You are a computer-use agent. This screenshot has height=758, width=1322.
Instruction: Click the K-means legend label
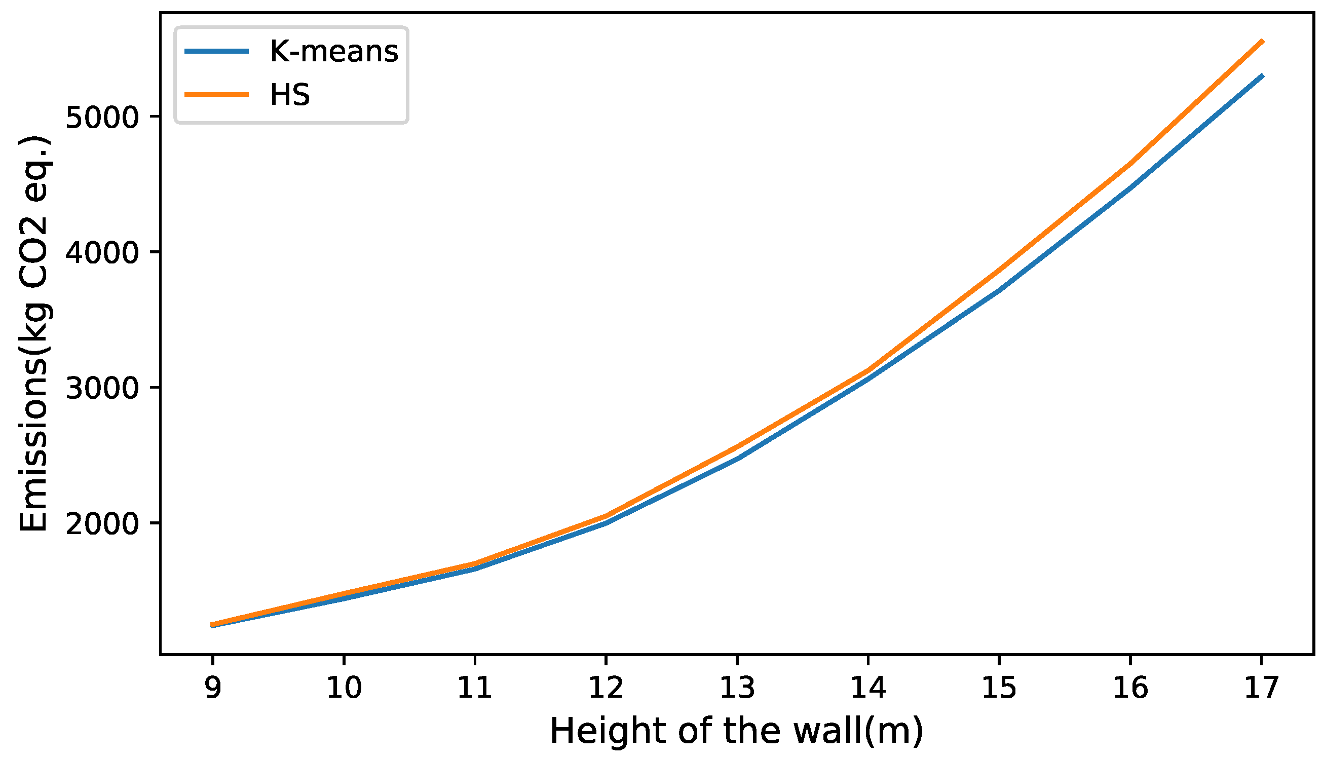[333, 52]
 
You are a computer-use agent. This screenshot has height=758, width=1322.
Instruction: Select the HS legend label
[290, 95]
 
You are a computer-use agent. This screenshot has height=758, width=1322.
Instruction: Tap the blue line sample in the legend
[216, 51]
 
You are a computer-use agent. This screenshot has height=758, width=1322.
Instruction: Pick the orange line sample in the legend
[216, 94]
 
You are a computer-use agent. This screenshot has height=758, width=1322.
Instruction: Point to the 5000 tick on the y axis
[103, 118]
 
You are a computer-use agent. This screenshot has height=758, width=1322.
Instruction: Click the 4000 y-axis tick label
[103, 253]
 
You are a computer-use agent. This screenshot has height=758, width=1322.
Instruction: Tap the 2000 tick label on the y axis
[103, 524]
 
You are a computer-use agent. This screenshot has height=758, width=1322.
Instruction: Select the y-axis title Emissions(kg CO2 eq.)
[33, 333]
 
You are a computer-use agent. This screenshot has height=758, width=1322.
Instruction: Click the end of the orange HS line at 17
[1261, 41]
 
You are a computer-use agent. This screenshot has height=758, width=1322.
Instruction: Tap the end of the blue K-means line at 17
[1261, 76]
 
